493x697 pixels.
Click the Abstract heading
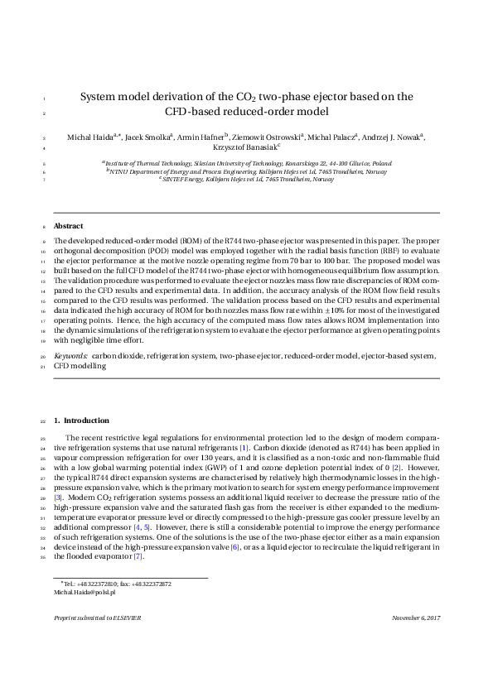coord(68,226)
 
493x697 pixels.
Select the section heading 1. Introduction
coord(80,421)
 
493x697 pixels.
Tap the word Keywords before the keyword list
coord(70,355)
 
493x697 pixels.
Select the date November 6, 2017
coord(416,642)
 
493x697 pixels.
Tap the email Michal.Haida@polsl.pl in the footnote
coord(85,593)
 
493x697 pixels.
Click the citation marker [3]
coord(58,498)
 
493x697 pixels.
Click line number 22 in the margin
coord(42,421)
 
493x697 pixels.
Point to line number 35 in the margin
coord(42,557)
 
